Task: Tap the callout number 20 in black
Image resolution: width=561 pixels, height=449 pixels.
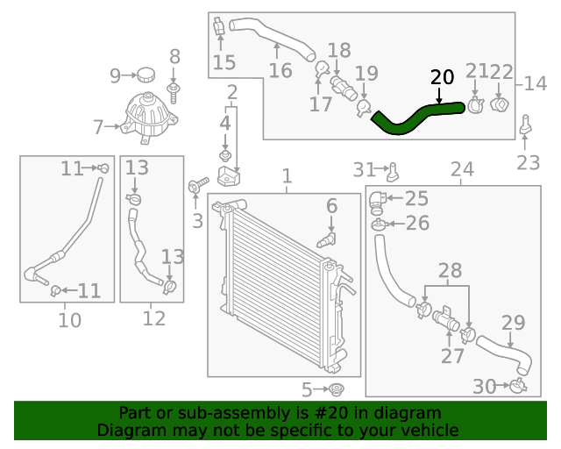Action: click(x=443, y=77)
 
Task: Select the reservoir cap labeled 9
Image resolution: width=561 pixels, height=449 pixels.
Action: click(x=145, y=74)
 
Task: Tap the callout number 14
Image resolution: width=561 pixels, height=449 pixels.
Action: click(x=536, y=84)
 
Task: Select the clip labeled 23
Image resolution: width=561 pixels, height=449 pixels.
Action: click(x=526, y=127)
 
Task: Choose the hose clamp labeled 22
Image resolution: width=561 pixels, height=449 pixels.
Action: click(x=501, y=105)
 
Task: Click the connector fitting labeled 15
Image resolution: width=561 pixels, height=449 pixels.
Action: click(x=219, y=29)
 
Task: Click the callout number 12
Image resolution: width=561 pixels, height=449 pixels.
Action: click(x=153, y=319)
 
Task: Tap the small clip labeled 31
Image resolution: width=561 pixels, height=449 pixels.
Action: click(x=394, y=167)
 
